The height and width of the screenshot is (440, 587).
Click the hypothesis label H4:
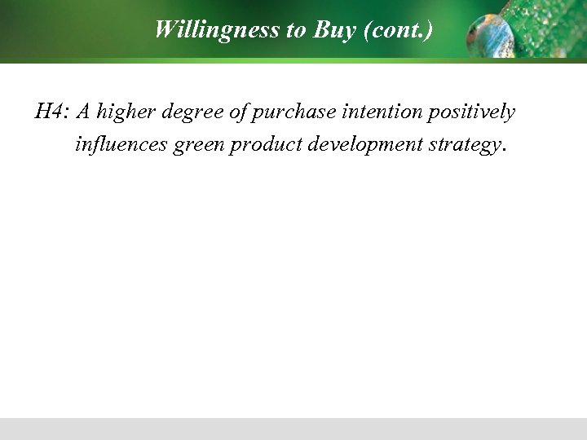click(x=51, y=112)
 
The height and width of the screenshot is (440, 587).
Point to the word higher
click(x=121, y=112)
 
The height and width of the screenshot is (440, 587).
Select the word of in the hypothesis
click(x=236, y=112)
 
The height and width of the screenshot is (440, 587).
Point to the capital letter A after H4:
click(x=82, y=112)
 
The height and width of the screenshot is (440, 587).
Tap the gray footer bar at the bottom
click(x=293, y=429)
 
